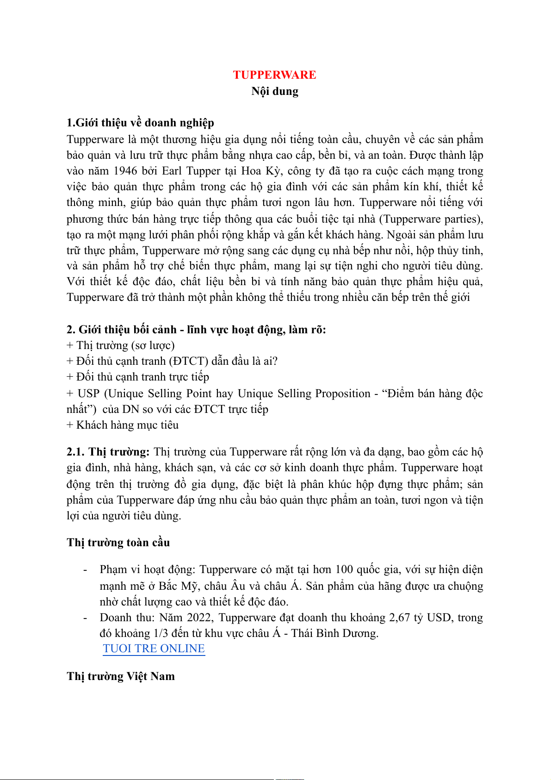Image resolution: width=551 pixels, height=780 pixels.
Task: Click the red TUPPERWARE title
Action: (274, 75)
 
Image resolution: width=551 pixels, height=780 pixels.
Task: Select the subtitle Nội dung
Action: (275, 91)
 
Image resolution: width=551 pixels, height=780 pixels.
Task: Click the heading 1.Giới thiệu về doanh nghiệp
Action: (140, 123)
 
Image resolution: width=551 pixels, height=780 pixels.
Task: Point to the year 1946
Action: (125, 171)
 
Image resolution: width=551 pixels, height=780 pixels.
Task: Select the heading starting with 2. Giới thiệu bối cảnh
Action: (196, 330)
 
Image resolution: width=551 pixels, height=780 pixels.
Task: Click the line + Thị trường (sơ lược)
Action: (120, 345)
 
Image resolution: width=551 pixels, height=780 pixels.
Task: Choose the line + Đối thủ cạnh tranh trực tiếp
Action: (138, 377)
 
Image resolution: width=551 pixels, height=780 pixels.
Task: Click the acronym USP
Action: (88, 393)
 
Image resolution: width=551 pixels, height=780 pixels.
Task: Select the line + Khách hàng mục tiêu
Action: (123, 425)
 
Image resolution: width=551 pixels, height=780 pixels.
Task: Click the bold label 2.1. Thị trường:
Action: (108, 452)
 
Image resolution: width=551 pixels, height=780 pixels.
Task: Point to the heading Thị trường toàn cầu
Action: (118, 543)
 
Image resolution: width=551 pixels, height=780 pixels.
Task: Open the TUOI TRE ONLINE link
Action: (154, 649)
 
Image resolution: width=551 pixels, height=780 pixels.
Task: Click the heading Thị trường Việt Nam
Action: (121, 676)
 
